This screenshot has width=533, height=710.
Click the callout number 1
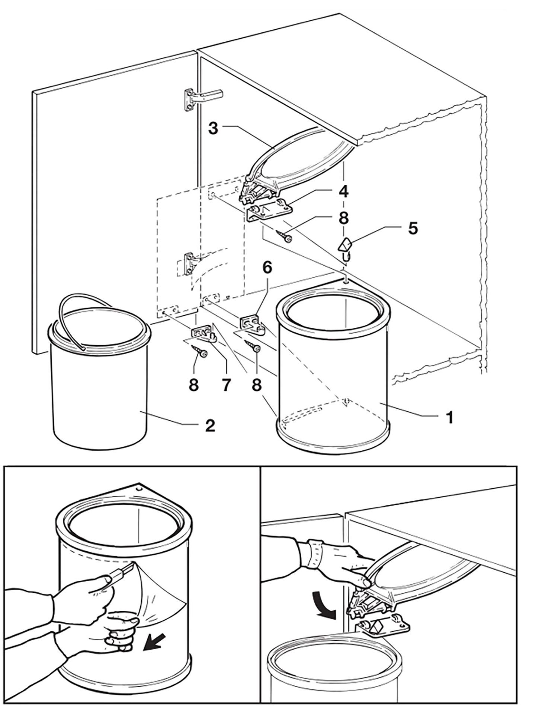450,418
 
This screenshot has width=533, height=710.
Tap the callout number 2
210,425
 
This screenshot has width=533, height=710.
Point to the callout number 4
343,192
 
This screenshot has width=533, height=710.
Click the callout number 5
412,228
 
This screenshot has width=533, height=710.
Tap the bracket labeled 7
203,333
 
